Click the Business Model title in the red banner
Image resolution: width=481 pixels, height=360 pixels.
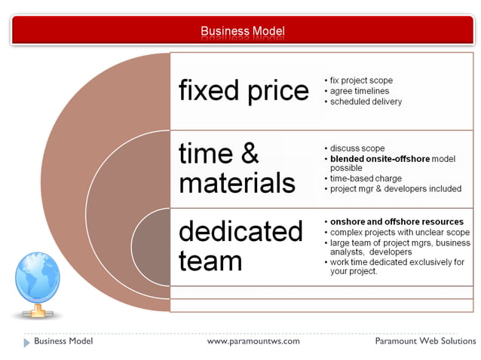click(242, 31)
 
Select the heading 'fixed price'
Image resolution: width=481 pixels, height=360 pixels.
click(244, 91)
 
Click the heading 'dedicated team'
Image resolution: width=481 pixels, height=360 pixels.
click(240, 246)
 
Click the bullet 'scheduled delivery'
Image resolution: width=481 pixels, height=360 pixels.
click(366, 102)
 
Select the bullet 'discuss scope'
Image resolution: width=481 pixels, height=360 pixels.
click(357, 148)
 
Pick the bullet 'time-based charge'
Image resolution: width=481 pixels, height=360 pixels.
click(366, 178)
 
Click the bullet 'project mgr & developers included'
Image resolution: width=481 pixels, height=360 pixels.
click(395, 189)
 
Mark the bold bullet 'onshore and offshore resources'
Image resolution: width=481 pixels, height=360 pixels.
click(397, 222)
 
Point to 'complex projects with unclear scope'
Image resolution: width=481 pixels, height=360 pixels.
click(400, 233)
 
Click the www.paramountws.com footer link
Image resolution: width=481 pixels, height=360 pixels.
click(253, 341)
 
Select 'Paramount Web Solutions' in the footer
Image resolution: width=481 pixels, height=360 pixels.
click(425, 341)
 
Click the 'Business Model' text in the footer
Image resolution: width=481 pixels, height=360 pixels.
click(63, 341)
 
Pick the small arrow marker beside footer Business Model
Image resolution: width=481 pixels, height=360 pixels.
click(27, 342)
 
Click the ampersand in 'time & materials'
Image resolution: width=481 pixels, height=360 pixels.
click(249, 154)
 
